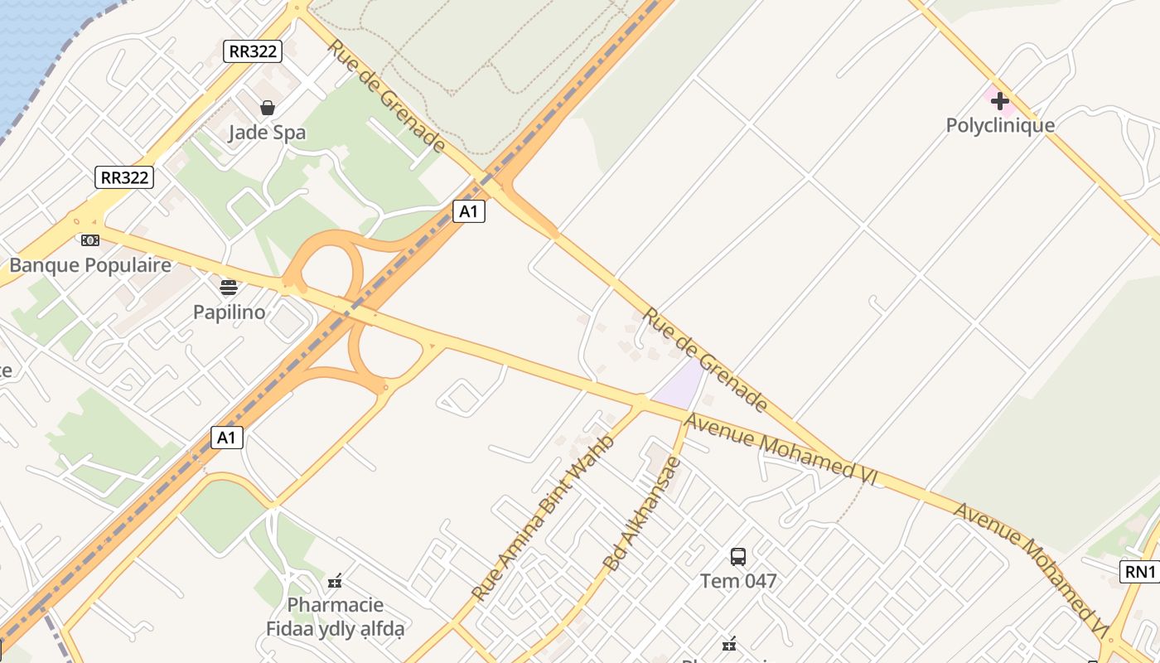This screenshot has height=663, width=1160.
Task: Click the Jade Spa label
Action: (x=267, y=133)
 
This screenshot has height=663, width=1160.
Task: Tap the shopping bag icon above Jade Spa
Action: (x=267, y=108)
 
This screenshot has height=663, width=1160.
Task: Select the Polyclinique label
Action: (x=1000, y=125)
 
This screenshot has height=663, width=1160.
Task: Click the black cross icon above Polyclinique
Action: (x=1000, y=101)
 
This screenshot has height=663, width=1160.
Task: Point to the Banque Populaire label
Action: (x=90, y=265)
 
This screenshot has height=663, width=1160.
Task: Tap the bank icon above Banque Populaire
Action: (x=90, y=240)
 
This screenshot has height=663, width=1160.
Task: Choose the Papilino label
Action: (x=229, y=312)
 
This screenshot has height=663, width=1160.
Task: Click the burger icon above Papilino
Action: (x=229, y=288)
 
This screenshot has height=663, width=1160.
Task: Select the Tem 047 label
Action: (x=738, y=581)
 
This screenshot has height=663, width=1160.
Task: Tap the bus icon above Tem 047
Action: (x=738, y=556)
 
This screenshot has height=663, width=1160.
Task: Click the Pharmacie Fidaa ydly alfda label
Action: (x=335, y=617)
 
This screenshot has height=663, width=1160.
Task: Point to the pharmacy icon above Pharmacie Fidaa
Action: (x=335, y=582)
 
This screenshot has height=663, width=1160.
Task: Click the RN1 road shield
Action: (x=1140, y=571)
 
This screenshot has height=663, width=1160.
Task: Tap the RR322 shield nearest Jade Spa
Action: (x=253, y=51)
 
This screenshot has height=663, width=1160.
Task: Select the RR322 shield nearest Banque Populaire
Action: (x=124, y=177)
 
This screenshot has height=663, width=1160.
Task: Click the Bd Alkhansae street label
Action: (x=642, y=514)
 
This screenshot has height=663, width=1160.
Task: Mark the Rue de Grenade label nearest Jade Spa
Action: (x=386, y=96)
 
